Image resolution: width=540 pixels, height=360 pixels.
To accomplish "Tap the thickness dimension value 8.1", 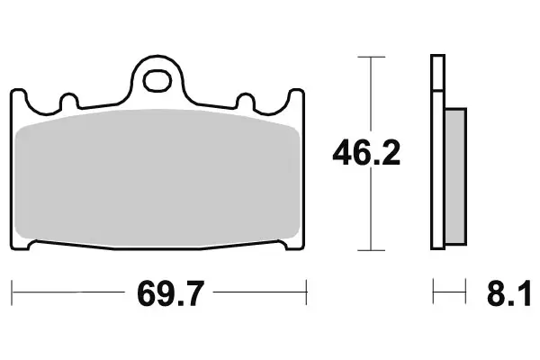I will click(x=510, y=292).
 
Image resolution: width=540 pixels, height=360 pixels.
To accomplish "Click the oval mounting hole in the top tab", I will click(x=160, y=79).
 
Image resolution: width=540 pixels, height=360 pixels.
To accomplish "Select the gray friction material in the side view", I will click(x=456, y=175).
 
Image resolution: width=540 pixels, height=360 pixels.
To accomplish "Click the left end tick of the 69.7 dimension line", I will click(x=13, y=292).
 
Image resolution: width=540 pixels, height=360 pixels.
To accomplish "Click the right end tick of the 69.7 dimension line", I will click(x=308, y=292).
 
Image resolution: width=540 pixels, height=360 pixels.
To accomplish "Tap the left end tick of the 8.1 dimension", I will click(x=433, y=292).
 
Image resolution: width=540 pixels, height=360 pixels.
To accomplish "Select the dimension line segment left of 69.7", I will click(x=67, y=292).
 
